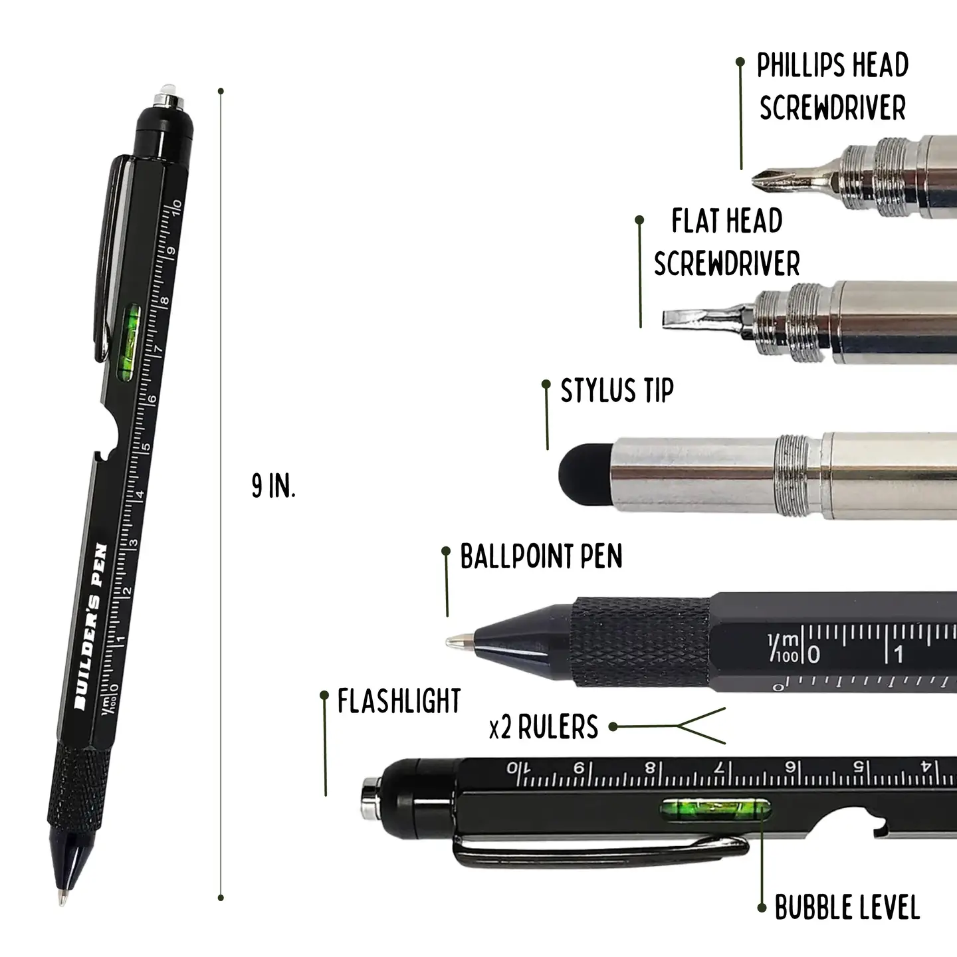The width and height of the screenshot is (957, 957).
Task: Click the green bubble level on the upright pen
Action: point(128,344)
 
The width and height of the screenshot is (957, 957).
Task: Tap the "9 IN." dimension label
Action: point(273,486)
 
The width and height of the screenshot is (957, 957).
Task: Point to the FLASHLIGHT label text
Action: point(399,701)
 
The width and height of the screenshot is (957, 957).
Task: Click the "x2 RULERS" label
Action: point(544,727)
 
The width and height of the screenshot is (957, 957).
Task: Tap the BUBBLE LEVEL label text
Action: point(847,908)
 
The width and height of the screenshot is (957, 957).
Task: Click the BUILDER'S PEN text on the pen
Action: point(90,627)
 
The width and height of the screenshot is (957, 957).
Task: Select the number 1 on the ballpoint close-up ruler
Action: point(898,655)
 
